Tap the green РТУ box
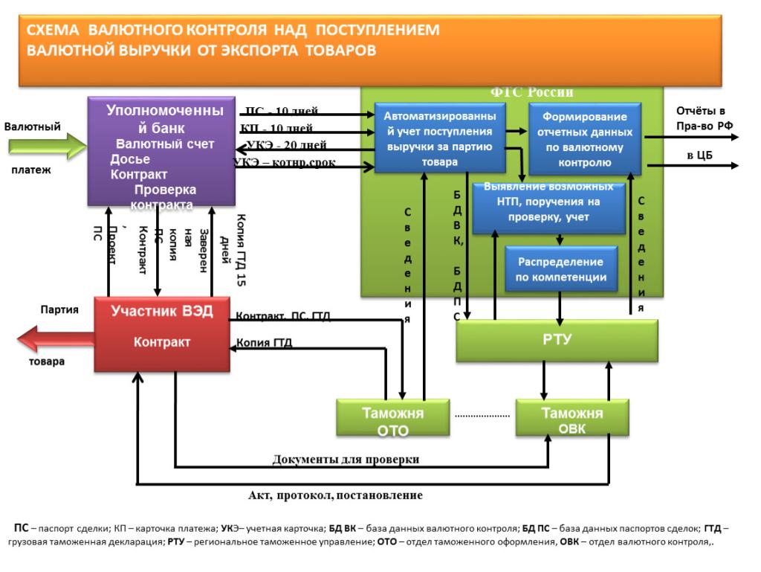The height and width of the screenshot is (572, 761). coord(557,341)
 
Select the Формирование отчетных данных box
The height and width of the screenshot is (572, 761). coord(584,137)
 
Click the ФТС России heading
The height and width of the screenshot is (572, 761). coord(531,92)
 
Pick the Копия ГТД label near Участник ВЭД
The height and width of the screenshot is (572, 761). coord(264,343)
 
